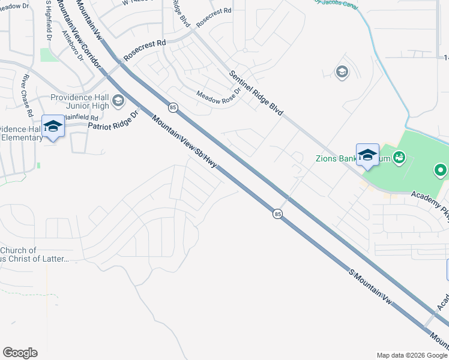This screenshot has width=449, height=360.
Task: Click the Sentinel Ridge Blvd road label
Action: tap(256, 93)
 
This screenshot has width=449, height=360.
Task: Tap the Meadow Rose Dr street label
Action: tap(218, 94)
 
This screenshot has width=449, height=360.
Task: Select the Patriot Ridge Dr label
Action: tap(113, 120)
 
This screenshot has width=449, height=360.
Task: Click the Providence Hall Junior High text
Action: tap(79, 101)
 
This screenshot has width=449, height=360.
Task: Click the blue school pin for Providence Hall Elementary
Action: tap(53, 126)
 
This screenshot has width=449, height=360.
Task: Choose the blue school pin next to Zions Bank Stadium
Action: tap(367, 155)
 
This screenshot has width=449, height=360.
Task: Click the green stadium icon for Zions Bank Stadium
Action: tap(399, 158)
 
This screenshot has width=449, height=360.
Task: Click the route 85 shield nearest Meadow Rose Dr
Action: tap(173, 107)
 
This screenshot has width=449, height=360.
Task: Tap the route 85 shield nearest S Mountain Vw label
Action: tap(277, 214)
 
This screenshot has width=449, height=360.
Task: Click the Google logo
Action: tap(20, 353)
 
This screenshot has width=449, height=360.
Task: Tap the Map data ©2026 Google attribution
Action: tap(411, 355)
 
